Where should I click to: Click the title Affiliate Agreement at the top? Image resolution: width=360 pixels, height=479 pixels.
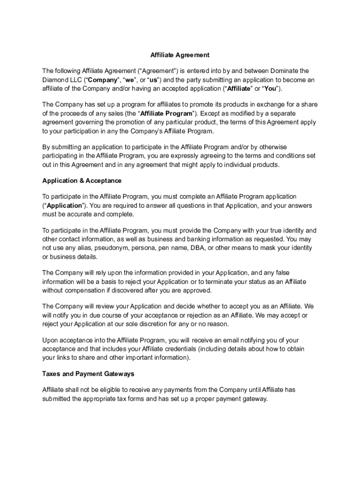(x=180, y=55)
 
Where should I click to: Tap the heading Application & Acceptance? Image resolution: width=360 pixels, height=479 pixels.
(x=82, y=181)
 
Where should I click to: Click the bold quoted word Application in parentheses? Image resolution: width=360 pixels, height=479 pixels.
(x=64, y=206)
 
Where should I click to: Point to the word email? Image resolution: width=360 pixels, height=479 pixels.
(x=237, y=341)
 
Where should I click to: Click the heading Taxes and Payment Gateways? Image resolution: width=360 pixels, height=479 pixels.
(x=88, y=374)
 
